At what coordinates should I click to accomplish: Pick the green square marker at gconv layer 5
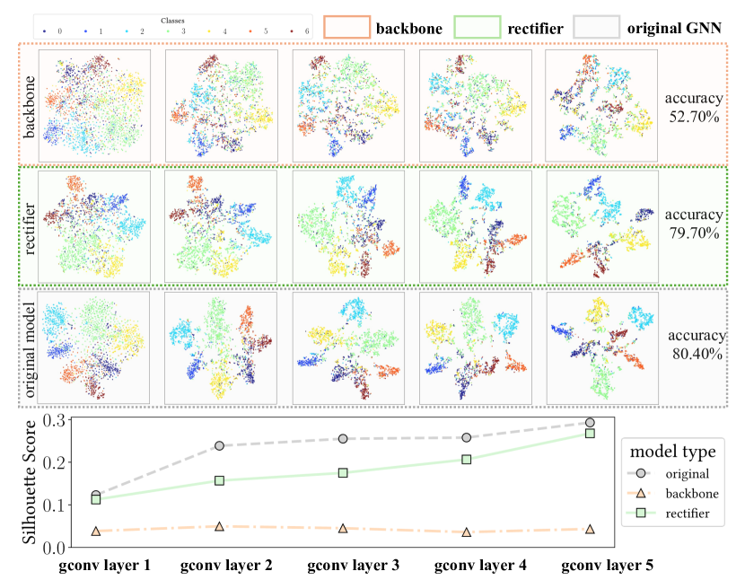(591, 434)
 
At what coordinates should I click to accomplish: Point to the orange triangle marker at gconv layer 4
(464, 532)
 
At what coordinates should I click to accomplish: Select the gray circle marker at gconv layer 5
(591, 422)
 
